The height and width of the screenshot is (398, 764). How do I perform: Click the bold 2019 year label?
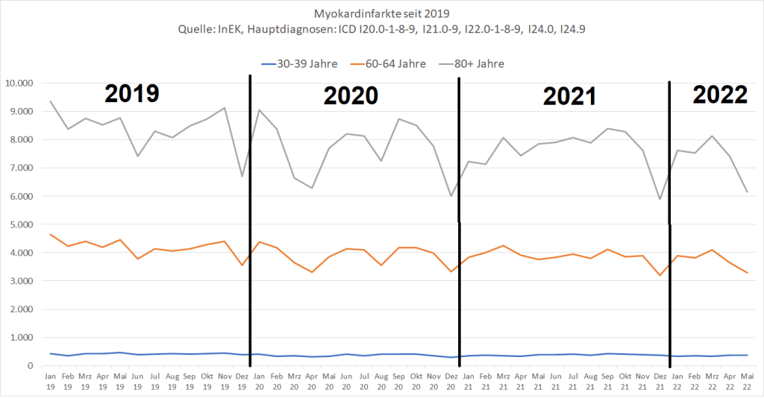(x=132, y=94)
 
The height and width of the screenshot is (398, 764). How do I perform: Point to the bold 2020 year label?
(x=351, y=96)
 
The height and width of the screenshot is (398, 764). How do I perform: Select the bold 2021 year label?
(x=569, y=97)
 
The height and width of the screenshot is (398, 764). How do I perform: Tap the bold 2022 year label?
(x=720, y=95)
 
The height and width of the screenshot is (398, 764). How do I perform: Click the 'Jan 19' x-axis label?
(x=51, y=382)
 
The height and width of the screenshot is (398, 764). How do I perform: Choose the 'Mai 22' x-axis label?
(x=746, y=382)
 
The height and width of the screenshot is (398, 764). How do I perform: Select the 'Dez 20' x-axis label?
(x=451, y=382)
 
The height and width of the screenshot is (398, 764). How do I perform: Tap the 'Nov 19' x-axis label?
(x=225, y=382)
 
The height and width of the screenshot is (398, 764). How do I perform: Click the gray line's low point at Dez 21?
(x=660, y=199)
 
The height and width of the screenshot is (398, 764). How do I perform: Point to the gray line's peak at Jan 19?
(x=51, y=101)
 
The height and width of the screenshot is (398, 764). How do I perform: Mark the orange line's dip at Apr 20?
(x=311, y=272)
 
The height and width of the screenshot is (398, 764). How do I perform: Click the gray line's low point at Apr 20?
(x=311, y=188)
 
